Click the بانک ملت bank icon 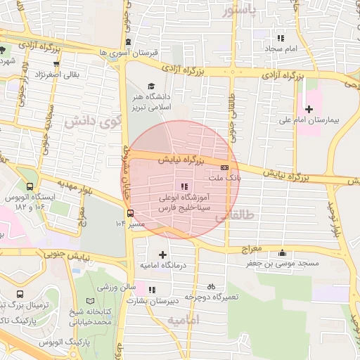pyautogui.click(x=224, y=167)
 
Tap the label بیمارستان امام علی pyautogui.click(x=324, y=121)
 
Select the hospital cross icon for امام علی pyautogui.click(x=309, y=108)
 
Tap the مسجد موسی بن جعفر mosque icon pyautogui.click(x=283, y=253)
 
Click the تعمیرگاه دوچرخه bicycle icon pyautogui.click(x=211, y=287)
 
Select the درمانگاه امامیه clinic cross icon pyautogui.click(x=163, y=255)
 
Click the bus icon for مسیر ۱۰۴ pyautogui.click(x=130, y=213)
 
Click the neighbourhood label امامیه pyautogui.click(x=184, y=321)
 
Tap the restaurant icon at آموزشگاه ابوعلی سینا pyautogui.click(x=184, y=186)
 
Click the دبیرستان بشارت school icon pyautogui.click(x=153, y=290)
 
